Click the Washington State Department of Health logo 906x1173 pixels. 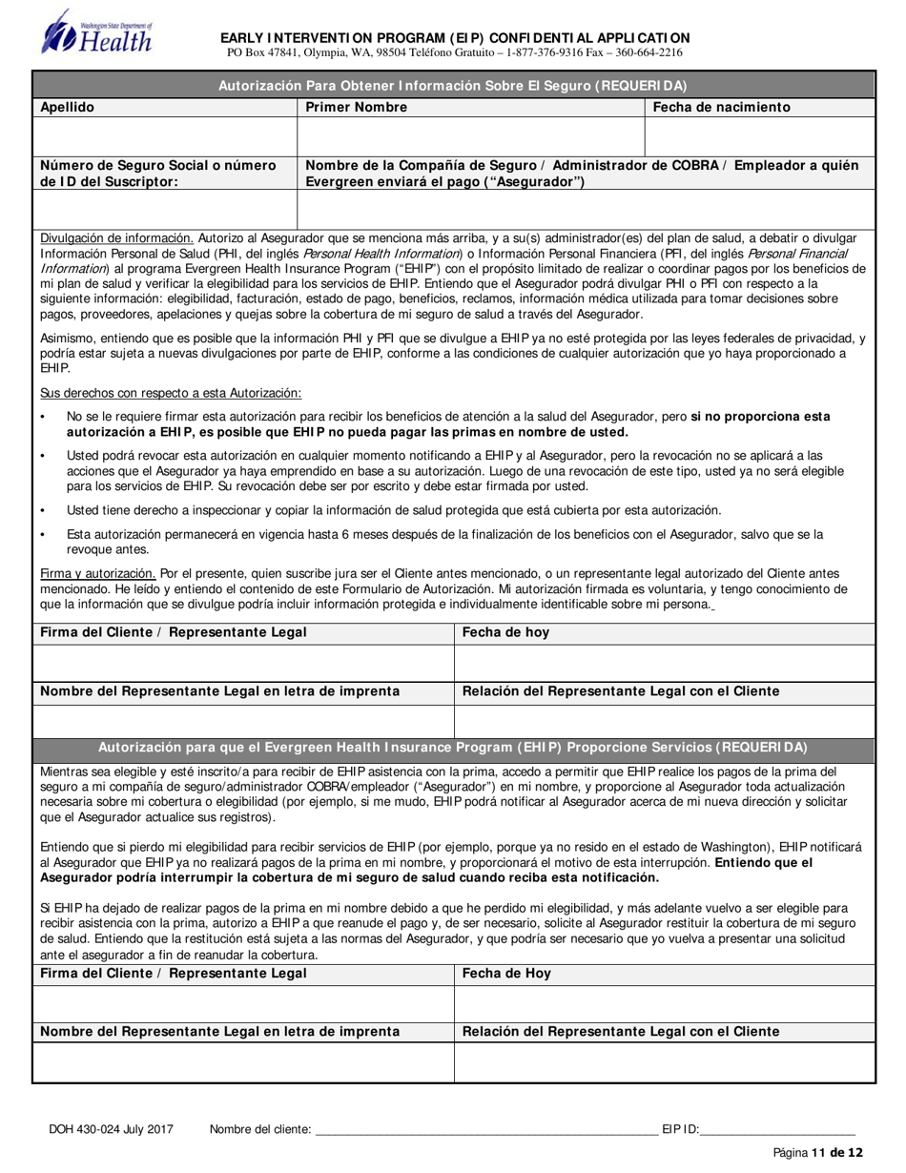point(95,32)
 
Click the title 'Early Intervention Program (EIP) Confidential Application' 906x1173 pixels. point(456,37)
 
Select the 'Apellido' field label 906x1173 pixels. point(67,108)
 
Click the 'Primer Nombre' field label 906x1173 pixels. point(356,108)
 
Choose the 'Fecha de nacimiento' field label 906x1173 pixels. point(721,108)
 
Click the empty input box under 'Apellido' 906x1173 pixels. point(165,136)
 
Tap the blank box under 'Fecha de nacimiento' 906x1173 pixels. point(760,136)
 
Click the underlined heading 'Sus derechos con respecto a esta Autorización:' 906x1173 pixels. point(171,393)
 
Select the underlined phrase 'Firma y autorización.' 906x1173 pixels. point(98,573)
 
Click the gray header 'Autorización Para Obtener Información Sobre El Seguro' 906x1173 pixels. point(453,84)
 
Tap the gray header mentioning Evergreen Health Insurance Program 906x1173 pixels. point(453,748)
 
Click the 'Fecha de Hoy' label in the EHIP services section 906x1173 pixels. point(506,974)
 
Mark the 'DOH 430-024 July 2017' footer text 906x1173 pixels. point(111,1129)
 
